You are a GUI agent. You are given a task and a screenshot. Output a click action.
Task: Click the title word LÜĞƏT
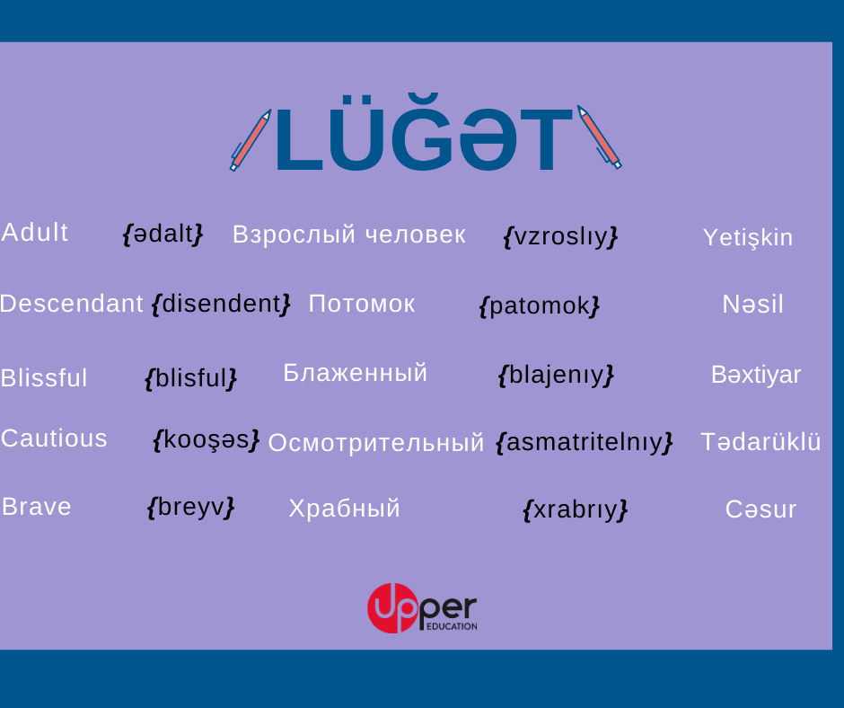(424, 134)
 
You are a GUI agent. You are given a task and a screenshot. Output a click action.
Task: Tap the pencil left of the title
(251, 141)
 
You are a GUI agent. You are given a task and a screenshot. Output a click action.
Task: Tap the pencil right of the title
(599, 137)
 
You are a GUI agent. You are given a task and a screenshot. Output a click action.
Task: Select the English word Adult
(34, 233)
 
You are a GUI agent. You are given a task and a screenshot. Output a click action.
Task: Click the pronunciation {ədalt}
(163, 235)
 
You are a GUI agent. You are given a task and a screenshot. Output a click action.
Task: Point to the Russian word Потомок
(362, 304)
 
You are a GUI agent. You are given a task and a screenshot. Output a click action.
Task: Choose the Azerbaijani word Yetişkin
(748, 237)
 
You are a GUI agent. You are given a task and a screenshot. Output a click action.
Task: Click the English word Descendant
(72, 304)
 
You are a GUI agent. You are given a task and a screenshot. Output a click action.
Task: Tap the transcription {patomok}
(540, 306)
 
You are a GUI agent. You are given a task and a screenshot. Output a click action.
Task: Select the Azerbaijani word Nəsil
(752, 305)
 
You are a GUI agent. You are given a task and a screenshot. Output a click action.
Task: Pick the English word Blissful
(44, 377)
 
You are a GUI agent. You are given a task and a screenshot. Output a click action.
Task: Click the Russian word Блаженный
(356, 373)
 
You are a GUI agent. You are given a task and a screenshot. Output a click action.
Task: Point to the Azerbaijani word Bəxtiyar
(756, 375)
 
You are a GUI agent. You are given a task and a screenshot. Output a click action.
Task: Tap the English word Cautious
(54, 438)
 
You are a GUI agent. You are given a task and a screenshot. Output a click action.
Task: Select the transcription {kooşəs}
(207, 440)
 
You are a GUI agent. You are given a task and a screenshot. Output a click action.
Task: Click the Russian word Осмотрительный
(376, 442)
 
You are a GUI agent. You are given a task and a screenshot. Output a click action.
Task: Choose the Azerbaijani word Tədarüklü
(760, 442)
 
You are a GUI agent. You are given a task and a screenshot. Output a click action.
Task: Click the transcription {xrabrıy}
(576, 509)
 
